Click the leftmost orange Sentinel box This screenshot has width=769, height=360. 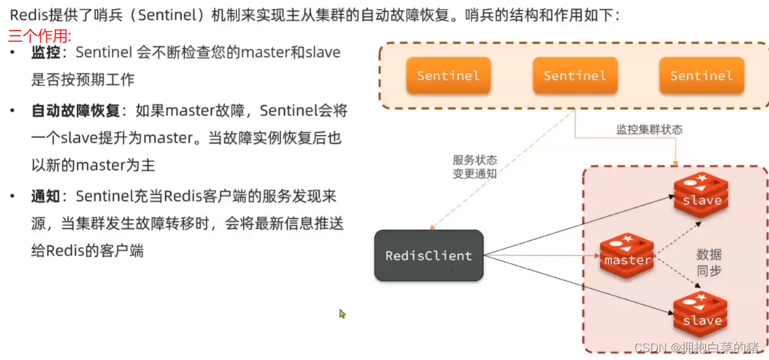448,76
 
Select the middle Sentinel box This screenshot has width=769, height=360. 574,76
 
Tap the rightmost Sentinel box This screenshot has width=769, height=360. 701,76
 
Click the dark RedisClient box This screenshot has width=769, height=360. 428,256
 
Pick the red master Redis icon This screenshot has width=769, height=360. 626,256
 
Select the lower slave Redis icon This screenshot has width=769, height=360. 701,315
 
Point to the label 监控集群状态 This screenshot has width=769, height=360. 649,130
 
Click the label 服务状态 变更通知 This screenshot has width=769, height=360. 475,167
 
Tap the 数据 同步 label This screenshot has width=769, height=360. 709,263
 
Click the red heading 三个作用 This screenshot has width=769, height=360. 40,36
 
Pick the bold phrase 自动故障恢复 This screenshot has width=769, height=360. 76,111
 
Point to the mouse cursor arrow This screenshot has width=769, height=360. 342,314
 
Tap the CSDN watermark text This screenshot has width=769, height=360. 697,348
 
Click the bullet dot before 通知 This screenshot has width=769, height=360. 12,195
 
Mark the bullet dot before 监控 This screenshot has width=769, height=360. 12,52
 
